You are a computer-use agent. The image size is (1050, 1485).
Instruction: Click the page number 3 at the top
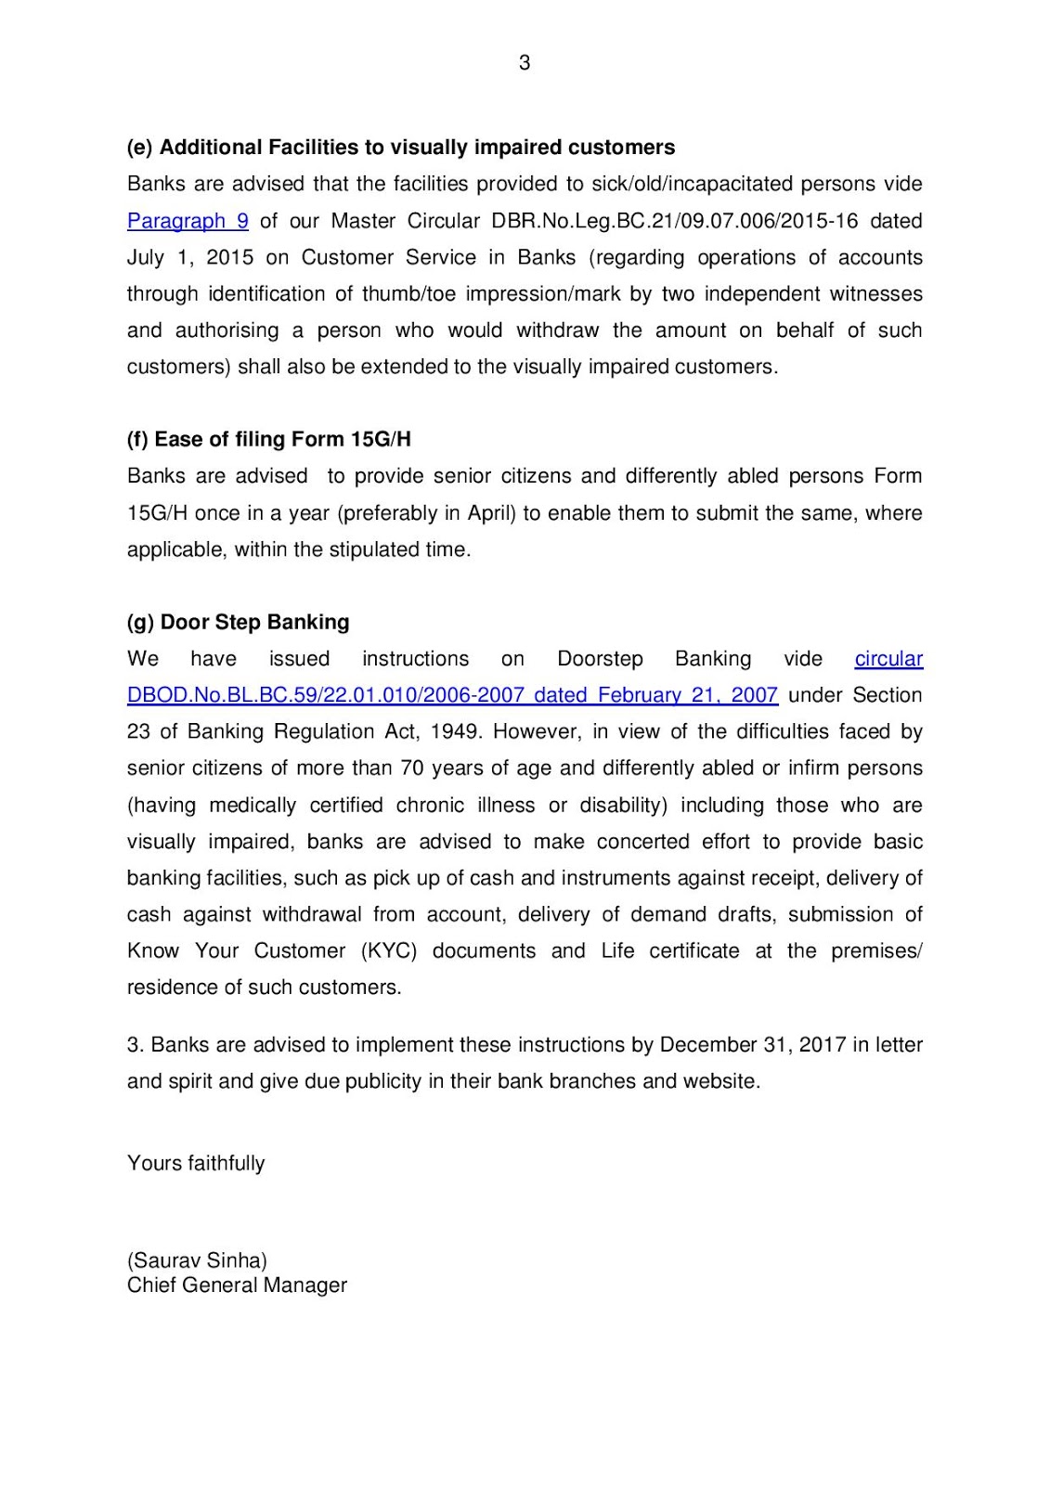point(525,63)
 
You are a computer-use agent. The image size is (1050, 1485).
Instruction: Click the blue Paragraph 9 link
point(188,221)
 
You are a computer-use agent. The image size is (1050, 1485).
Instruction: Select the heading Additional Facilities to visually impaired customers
point(401,148)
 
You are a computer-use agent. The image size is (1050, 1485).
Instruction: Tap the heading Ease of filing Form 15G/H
point(269,439)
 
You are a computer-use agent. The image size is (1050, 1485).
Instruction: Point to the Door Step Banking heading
point(239,622)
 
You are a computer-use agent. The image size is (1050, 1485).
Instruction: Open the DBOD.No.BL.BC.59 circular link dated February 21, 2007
point(452,695)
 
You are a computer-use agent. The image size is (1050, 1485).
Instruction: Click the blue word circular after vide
point(888,659)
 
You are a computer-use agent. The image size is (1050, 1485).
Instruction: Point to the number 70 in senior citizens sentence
point(412,768)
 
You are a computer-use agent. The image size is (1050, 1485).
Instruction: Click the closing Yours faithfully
point(196,1163)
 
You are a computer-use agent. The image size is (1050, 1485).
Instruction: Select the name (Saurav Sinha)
point(197,1260)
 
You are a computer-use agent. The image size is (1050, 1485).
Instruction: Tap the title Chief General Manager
point(237,1285)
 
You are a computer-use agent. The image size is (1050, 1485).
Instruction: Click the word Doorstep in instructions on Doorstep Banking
point(600,659)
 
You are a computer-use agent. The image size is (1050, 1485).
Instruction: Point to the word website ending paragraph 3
point(720,1081)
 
